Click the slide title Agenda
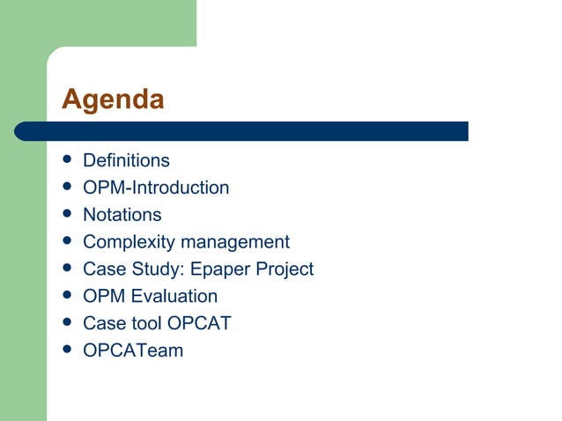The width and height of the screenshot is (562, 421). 113,100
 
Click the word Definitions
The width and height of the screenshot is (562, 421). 126,161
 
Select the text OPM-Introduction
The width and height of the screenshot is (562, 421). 156,188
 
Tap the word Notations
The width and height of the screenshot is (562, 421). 122,215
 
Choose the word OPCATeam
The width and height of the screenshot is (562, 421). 133,351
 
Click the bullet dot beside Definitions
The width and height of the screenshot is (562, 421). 66,161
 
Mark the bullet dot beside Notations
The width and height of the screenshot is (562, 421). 66,215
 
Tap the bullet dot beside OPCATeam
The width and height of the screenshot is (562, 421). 66,351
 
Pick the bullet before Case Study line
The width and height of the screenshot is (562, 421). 66,270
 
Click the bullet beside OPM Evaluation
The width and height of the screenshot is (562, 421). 66,297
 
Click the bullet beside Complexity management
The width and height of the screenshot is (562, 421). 66,242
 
